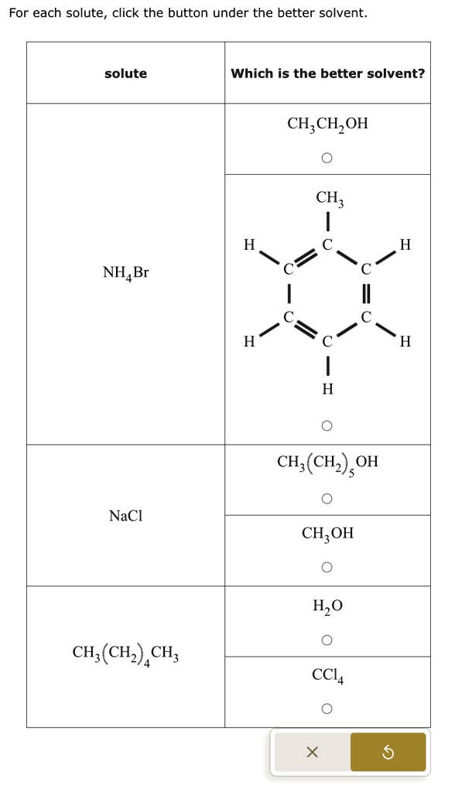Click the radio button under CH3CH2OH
(327, 158)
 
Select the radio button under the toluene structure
(327, 426)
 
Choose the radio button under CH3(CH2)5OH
(327, 499)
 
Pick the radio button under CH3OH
(327, 567)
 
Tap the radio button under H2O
(327, 640)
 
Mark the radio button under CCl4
(327, 708)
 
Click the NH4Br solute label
(126, 273)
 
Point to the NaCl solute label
(126, 516)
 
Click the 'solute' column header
(126, 73)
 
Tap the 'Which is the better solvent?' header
(327, 73)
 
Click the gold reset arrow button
(388, 753)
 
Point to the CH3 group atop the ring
(330, 198)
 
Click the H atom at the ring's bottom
(327, 389)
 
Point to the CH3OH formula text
(327, 534)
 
